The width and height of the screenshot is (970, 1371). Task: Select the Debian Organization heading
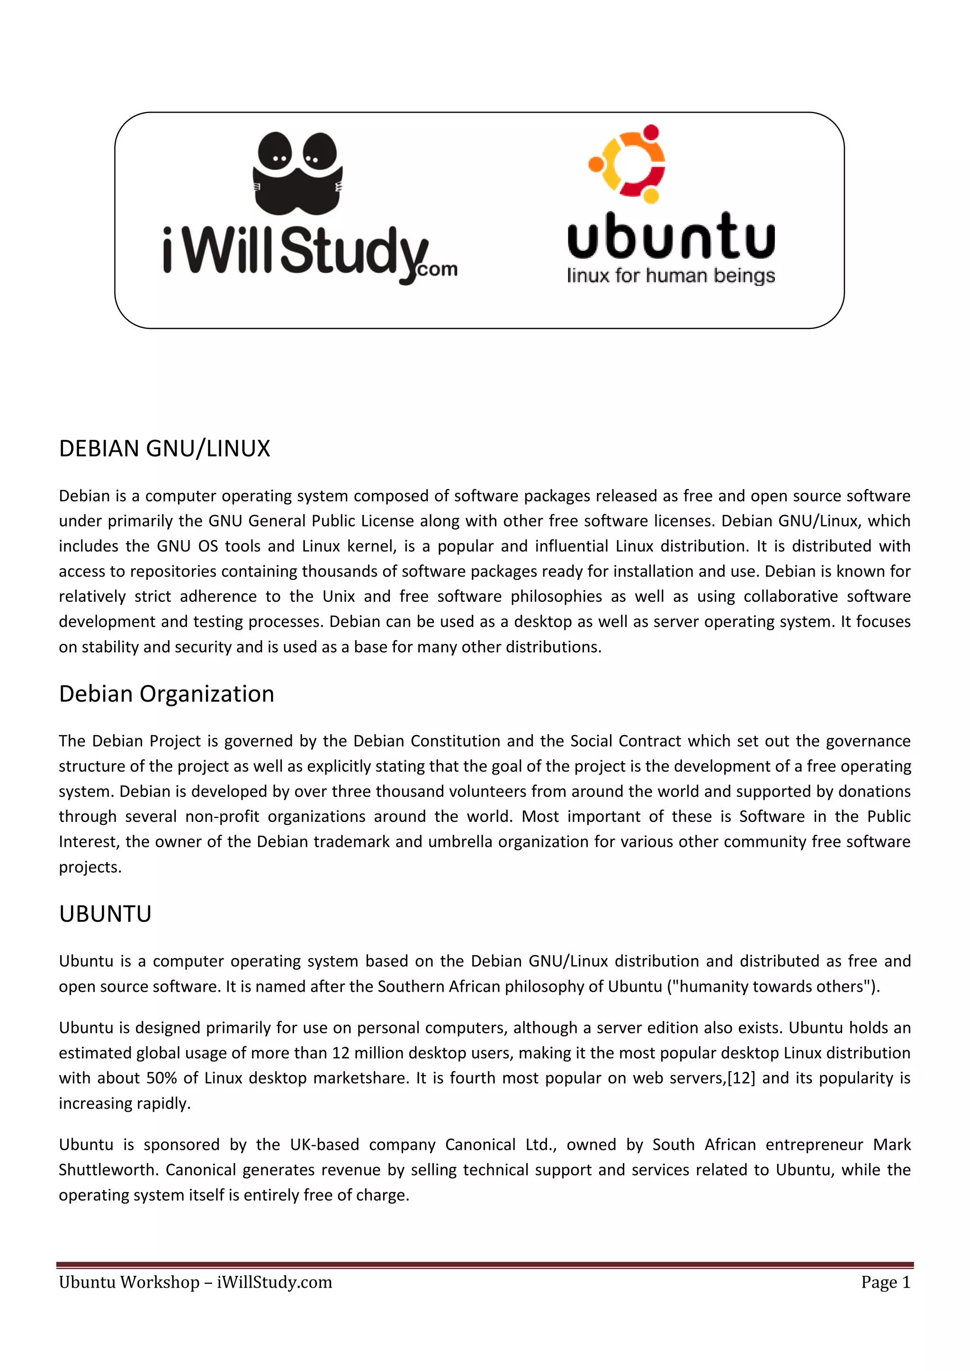[166, 694]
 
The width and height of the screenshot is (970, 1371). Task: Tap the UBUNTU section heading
[105, 914]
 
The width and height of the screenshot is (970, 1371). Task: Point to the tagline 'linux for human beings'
[671, 276]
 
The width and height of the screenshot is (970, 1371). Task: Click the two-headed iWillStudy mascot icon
[298, 174]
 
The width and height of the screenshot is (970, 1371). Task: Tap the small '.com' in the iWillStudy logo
[437, 269]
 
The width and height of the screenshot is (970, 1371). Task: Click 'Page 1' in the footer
[885, 1282]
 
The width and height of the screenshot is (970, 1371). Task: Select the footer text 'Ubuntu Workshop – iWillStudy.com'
[195, 1282]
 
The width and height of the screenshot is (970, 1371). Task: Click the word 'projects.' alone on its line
[90, 867]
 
